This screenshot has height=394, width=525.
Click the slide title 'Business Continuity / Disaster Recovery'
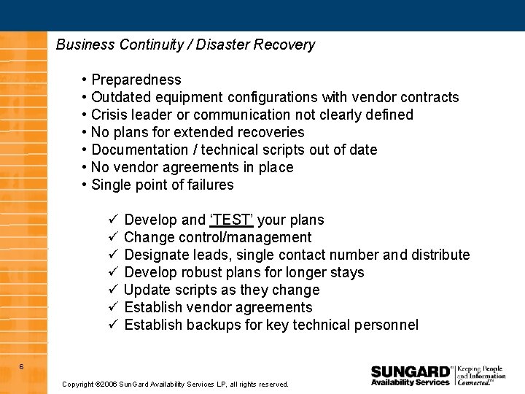pos(185,45)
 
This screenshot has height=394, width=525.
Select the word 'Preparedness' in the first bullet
pos(136,80)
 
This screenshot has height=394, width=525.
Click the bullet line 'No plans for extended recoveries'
pos(198,132)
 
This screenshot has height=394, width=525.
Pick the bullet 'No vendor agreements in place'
pos(192,167)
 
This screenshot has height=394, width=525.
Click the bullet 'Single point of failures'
pos(162,185)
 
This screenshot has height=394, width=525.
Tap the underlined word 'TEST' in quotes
pos(232,220)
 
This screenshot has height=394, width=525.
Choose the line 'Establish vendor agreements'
pos(218,307)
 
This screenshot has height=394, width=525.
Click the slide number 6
pos(21,366)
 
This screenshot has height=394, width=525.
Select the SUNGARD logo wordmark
pos(411,371)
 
